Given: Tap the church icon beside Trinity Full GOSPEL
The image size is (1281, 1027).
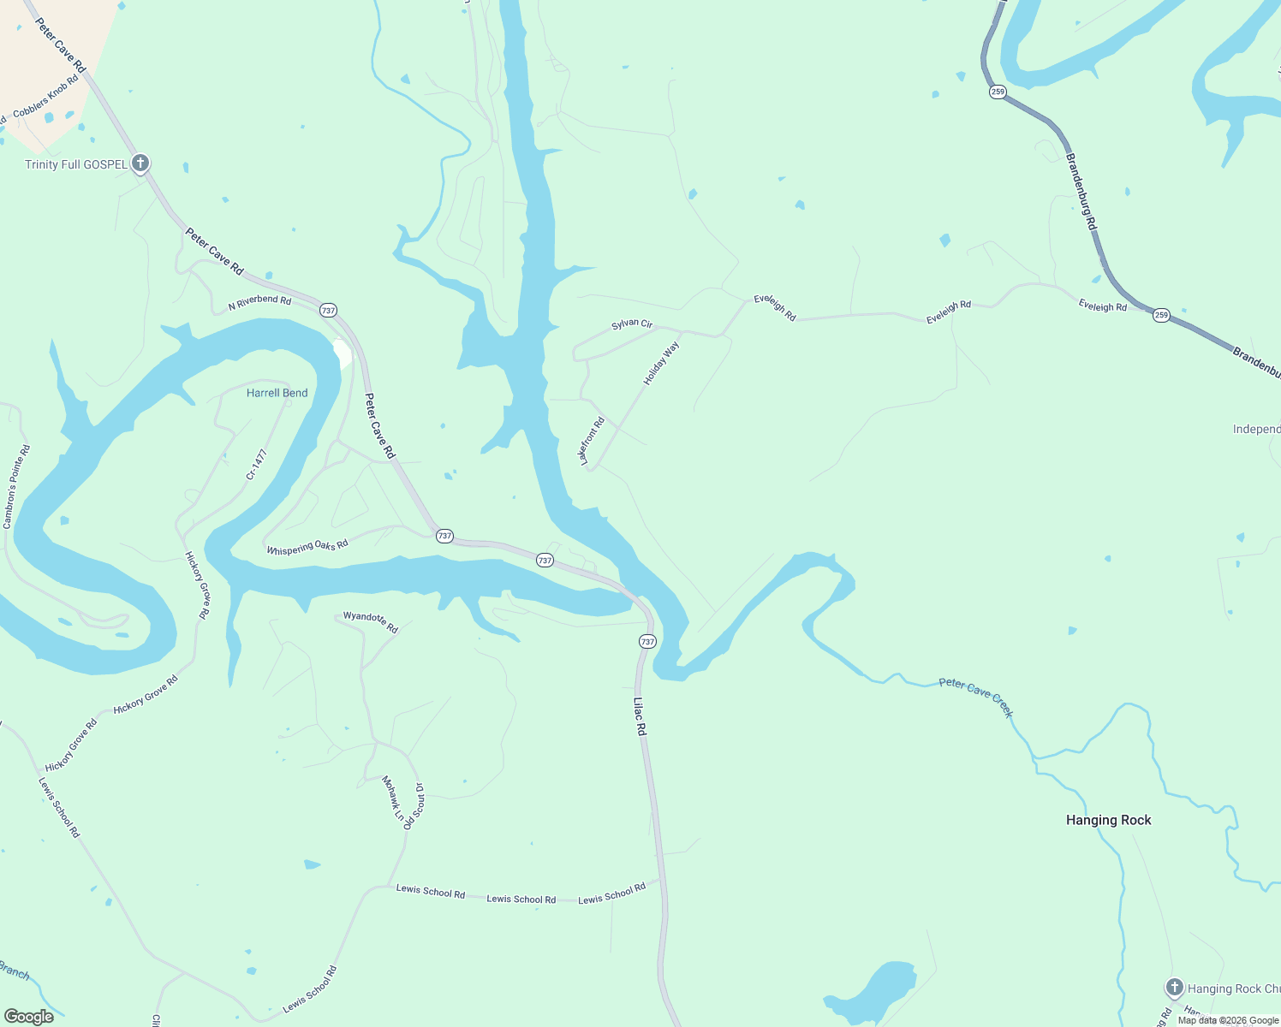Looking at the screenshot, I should [140, 163].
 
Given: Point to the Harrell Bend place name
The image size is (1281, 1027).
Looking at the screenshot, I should [277, 393].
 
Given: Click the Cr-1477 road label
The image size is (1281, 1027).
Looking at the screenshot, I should [257, 464].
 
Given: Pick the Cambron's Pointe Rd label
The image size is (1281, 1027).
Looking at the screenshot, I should [16, 486].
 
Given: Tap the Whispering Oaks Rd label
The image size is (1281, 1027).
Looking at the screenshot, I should [307, 547].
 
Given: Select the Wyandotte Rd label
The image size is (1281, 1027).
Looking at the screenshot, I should [371, 621].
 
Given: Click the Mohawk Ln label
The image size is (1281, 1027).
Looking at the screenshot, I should [392, 798].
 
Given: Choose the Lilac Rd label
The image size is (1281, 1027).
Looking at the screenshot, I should [640, 717].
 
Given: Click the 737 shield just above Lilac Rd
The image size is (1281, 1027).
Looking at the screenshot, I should [647, 641].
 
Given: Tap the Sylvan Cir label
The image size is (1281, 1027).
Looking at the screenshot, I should [632, 324].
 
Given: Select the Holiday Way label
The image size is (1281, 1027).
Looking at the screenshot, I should [661, 363].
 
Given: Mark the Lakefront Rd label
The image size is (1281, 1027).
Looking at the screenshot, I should [592, 442].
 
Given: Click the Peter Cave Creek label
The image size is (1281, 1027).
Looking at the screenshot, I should [976, 697].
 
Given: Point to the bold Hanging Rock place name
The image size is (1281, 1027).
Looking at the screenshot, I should [1108, 820].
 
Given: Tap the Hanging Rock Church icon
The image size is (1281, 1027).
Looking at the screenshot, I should [1174, 988].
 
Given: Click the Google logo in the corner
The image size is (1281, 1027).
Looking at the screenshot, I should [29, 1016].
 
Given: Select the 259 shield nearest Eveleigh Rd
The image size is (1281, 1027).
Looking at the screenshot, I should [1161, 315].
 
